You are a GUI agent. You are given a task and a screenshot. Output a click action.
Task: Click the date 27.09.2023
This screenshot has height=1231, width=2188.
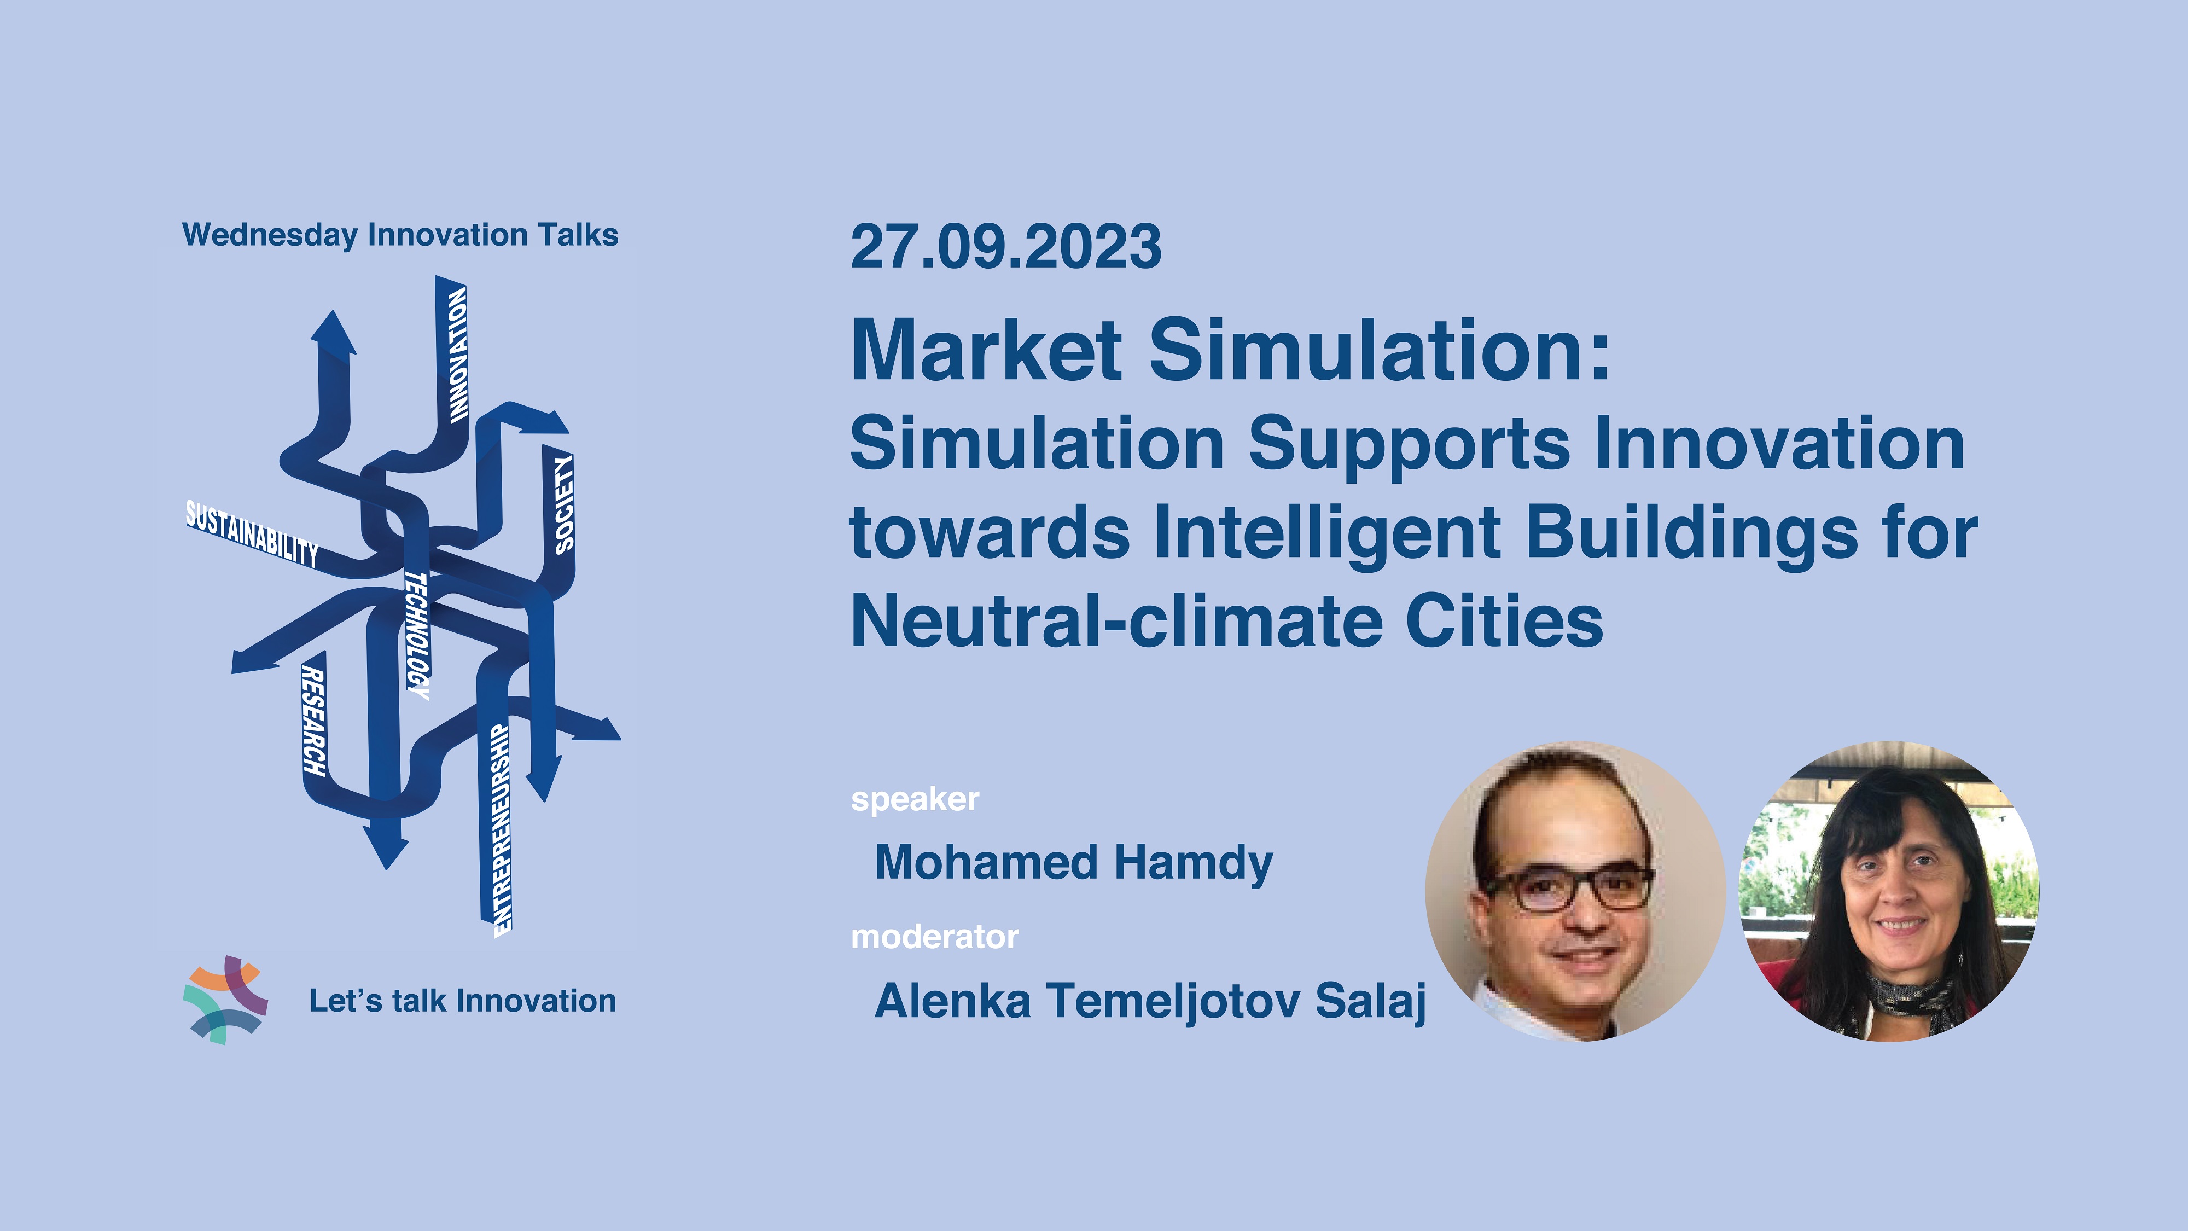point(1006,246)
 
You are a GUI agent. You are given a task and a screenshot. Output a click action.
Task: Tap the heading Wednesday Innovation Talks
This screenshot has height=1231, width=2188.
point(400,235)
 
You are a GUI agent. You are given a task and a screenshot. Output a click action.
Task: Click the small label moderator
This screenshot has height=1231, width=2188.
point(934,937)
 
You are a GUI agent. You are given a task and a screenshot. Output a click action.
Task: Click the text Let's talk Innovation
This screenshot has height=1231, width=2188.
point(463,1001)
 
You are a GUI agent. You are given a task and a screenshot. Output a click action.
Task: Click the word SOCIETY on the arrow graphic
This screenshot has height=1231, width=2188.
point(564,504)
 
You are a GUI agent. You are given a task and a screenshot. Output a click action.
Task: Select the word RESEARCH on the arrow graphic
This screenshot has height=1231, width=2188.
point(313,721)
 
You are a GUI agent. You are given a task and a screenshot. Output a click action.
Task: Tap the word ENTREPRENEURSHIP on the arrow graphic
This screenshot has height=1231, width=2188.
point(503,830)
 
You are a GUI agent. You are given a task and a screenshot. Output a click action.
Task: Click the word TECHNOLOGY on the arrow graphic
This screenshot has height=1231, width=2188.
point(417,635)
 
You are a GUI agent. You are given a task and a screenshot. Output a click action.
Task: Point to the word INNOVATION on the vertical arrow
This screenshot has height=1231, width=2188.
point(458,355)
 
